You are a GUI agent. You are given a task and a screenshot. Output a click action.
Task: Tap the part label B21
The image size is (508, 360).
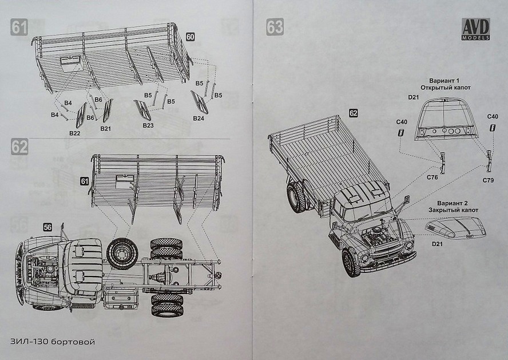(x=105, y=129)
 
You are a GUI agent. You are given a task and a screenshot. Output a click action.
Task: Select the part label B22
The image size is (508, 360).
(x=74, y=133)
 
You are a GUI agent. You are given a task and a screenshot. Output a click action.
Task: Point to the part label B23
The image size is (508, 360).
(x=148, y=124)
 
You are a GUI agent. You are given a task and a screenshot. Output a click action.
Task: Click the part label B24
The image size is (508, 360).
(x=199, y=118)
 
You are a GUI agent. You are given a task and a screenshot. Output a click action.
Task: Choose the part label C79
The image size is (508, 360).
(x=488, y=180)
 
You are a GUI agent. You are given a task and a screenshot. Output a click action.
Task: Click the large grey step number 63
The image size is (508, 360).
(x=275, y=27)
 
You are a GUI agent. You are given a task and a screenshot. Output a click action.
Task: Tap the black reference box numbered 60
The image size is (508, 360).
(x=190, y=37)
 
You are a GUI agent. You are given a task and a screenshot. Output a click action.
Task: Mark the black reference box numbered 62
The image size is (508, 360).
(x=354, y=113)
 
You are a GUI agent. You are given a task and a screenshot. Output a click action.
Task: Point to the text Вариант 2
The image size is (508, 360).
(x=453, y=203)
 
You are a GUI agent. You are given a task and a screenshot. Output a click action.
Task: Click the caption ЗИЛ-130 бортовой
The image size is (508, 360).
(x=52, y=342)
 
